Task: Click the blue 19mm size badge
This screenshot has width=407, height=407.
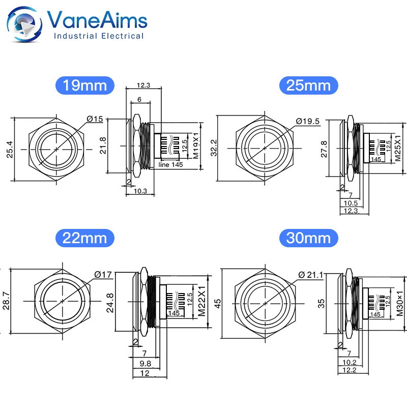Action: point(85,84)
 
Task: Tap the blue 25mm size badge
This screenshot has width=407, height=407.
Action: point(308,84)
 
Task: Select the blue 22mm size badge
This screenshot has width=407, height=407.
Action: point(85,237)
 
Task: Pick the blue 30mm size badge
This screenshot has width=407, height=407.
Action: point(308,237)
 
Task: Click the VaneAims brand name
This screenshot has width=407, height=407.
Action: point(97,20)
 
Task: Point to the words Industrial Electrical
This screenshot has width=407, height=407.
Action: point(99,36)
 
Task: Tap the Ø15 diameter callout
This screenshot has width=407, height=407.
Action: point(95,119)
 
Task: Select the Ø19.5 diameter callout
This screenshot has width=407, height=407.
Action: point(308,121)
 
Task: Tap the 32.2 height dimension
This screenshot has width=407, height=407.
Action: point(214,148)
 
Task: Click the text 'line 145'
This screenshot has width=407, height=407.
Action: point(170,164)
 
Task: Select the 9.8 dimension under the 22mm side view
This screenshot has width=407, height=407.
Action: point(146,364)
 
